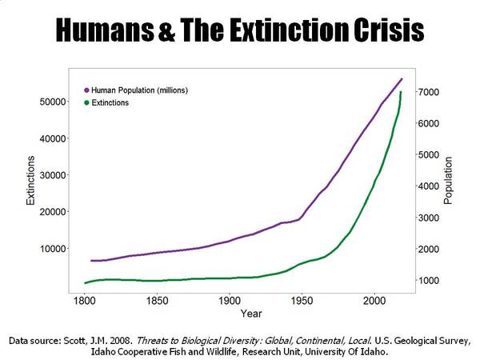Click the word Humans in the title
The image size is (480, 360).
coord(105,30)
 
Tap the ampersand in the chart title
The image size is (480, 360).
coord(167,30)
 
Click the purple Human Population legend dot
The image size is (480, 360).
coord(86,90)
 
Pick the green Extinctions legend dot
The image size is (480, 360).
coord(86,103)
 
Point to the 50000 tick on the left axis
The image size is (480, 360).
coord(53,102)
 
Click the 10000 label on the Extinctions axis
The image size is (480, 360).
coord(53,249)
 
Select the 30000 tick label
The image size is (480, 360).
coord(53,175)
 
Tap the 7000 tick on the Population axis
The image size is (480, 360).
coord(429,92)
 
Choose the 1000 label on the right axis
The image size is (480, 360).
coord(429,281)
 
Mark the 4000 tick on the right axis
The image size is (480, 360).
coord(429,186)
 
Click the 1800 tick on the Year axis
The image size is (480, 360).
coord(85,301)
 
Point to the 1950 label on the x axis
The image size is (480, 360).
coord(302,301)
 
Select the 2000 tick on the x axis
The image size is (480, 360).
coord(374,301)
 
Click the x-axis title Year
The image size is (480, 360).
coord(251,314)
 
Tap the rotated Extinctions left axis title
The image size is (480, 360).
coord(30,181)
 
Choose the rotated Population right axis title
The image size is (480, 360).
coord(447,181)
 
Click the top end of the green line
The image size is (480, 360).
coord(401,92)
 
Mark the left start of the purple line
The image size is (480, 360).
coord(91,261)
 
